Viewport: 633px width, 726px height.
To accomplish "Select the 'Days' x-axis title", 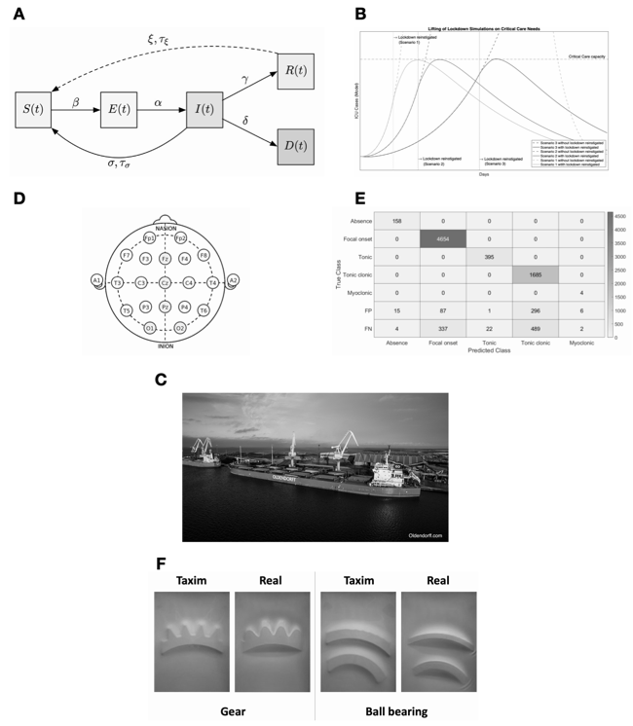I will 484,175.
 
